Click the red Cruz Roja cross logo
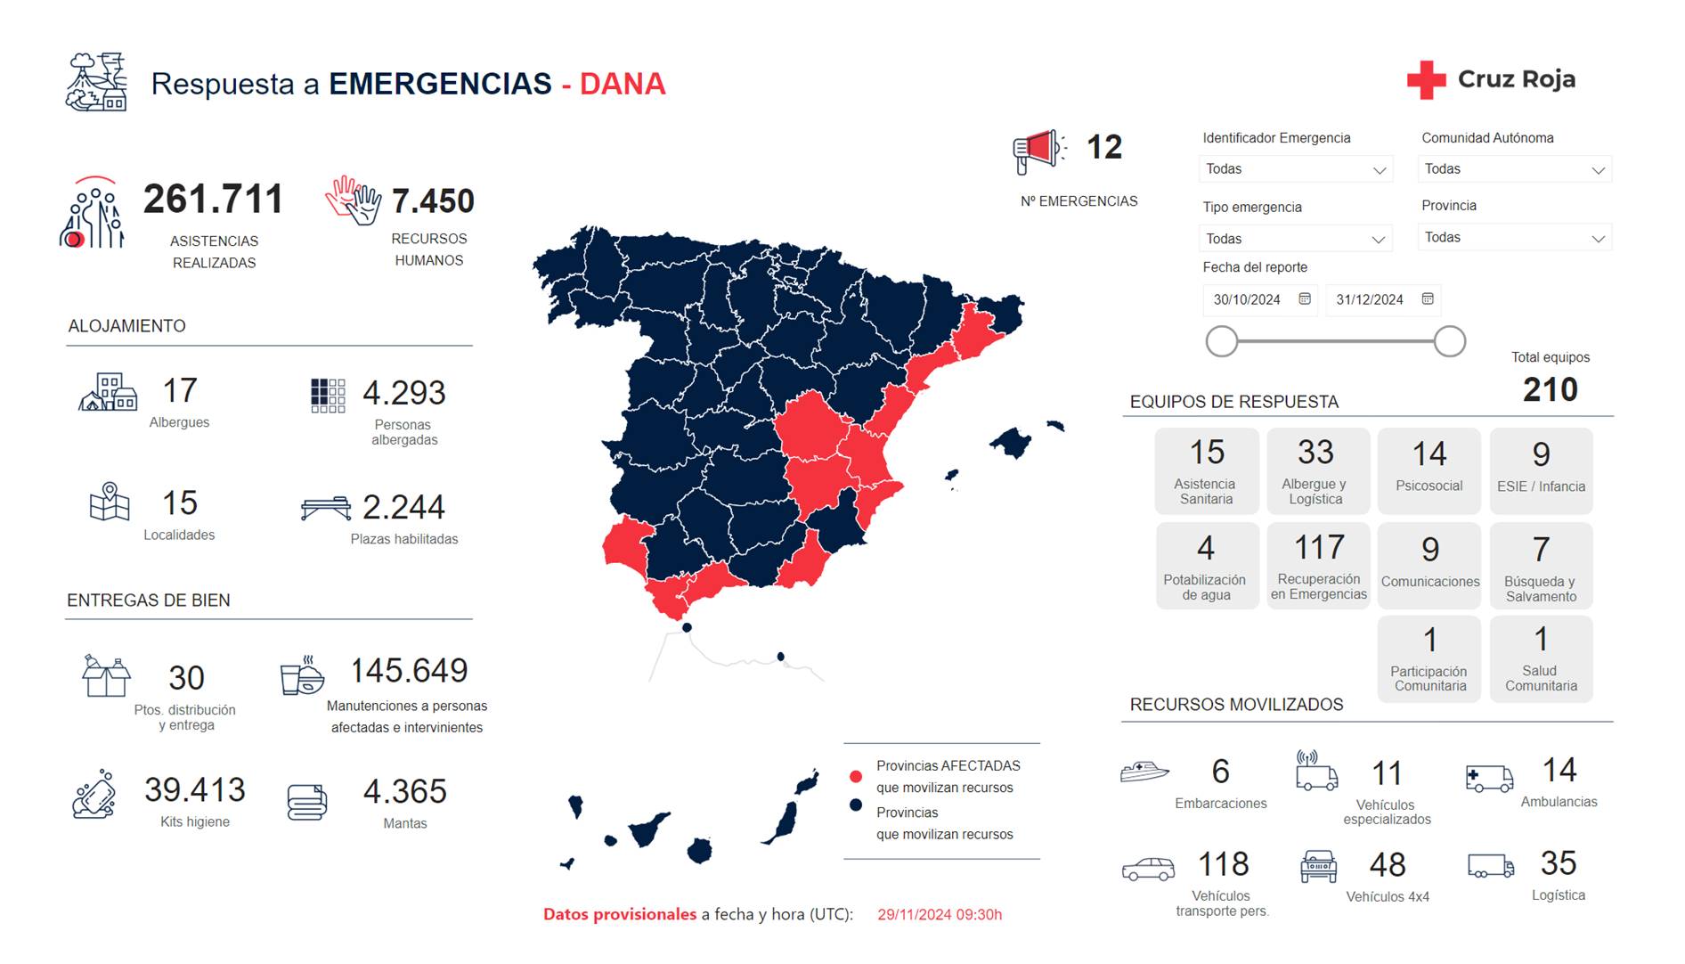coord(1426,79)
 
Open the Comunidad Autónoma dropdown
coord(1514,169)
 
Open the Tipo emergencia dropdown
coord(1295,239)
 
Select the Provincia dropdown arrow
coord(1598,238)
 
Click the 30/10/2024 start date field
coord(1247,299)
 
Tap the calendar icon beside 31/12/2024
coord(1428,299)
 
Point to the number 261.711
coord(213,199)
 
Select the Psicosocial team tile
coord(1429,470)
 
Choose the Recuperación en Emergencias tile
coord(1318,566)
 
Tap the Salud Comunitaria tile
coord(1540,659)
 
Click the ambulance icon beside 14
coord(1489,778)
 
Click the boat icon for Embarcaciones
coord(1144,771)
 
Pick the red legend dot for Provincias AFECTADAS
coord(856,776)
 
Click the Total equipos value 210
coord(1550,389)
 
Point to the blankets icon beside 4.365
coord(307,801)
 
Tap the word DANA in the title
coord(623,84)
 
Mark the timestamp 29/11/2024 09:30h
coord(939,914)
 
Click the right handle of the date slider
coord(1449,341)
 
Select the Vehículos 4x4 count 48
coord(1387,864)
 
